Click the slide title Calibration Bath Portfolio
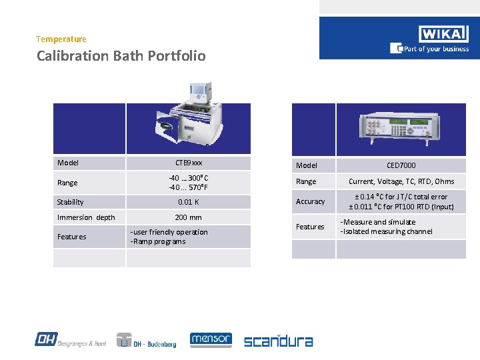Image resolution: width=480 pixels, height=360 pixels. click(x=121, y=56)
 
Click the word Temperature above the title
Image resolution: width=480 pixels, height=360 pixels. click(x=61, y=39)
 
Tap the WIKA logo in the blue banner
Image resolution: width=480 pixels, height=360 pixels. click(x=443, y=34)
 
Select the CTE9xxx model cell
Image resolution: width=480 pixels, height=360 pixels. click(x=189, y=163)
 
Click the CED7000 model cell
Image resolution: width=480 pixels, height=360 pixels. click(x=401, y=165)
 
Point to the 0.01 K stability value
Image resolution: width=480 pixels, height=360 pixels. click(x=189, y=202)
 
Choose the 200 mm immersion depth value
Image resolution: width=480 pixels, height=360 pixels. click(x=189, y=217)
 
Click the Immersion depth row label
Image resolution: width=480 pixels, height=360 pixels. click(x=86, y=217)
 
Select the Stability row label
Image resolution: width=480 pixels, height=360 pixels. click(x=71, y=202)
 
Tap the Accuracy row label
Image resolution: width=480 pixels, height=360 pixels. click(x=310, y=201)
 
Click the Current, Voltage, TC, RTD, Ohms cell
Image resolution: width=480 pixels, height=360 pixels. click(x=401, y=181)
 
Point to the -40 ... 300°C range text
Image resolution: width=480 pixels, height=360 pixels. click(x=189, y=178)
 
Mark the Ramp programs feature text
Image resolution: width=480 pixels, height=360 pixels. click(x=160, y=241)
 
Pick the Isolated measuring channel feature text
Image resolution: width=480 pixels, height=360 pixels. click(x=387, y=231)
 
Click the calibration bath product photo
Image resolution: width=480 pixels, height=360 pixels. click(x=189, y=115)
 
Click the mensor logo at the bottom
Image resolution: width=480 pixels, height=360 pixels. click(x=211, y=340)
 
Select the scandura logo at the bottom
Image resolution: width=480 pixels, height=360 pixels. click(x=278, y=341)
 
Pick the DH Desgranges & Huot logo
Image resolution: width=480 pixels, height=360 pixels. click(x=70, y=340)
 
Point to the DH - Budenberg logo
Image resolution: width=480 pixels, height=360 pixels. click(x=146, y=341)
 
